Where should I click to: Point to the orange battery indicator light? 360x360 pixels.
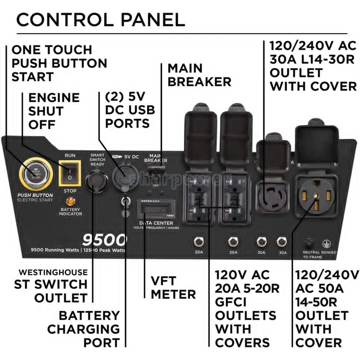(70, 202)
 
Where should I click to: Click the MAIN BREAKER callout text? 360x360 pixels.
(199, 75)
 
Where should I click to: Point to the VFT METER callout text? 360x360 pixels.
(173, 287)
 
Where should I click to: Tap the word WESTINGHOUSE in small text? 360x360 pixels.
(53, 272)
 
